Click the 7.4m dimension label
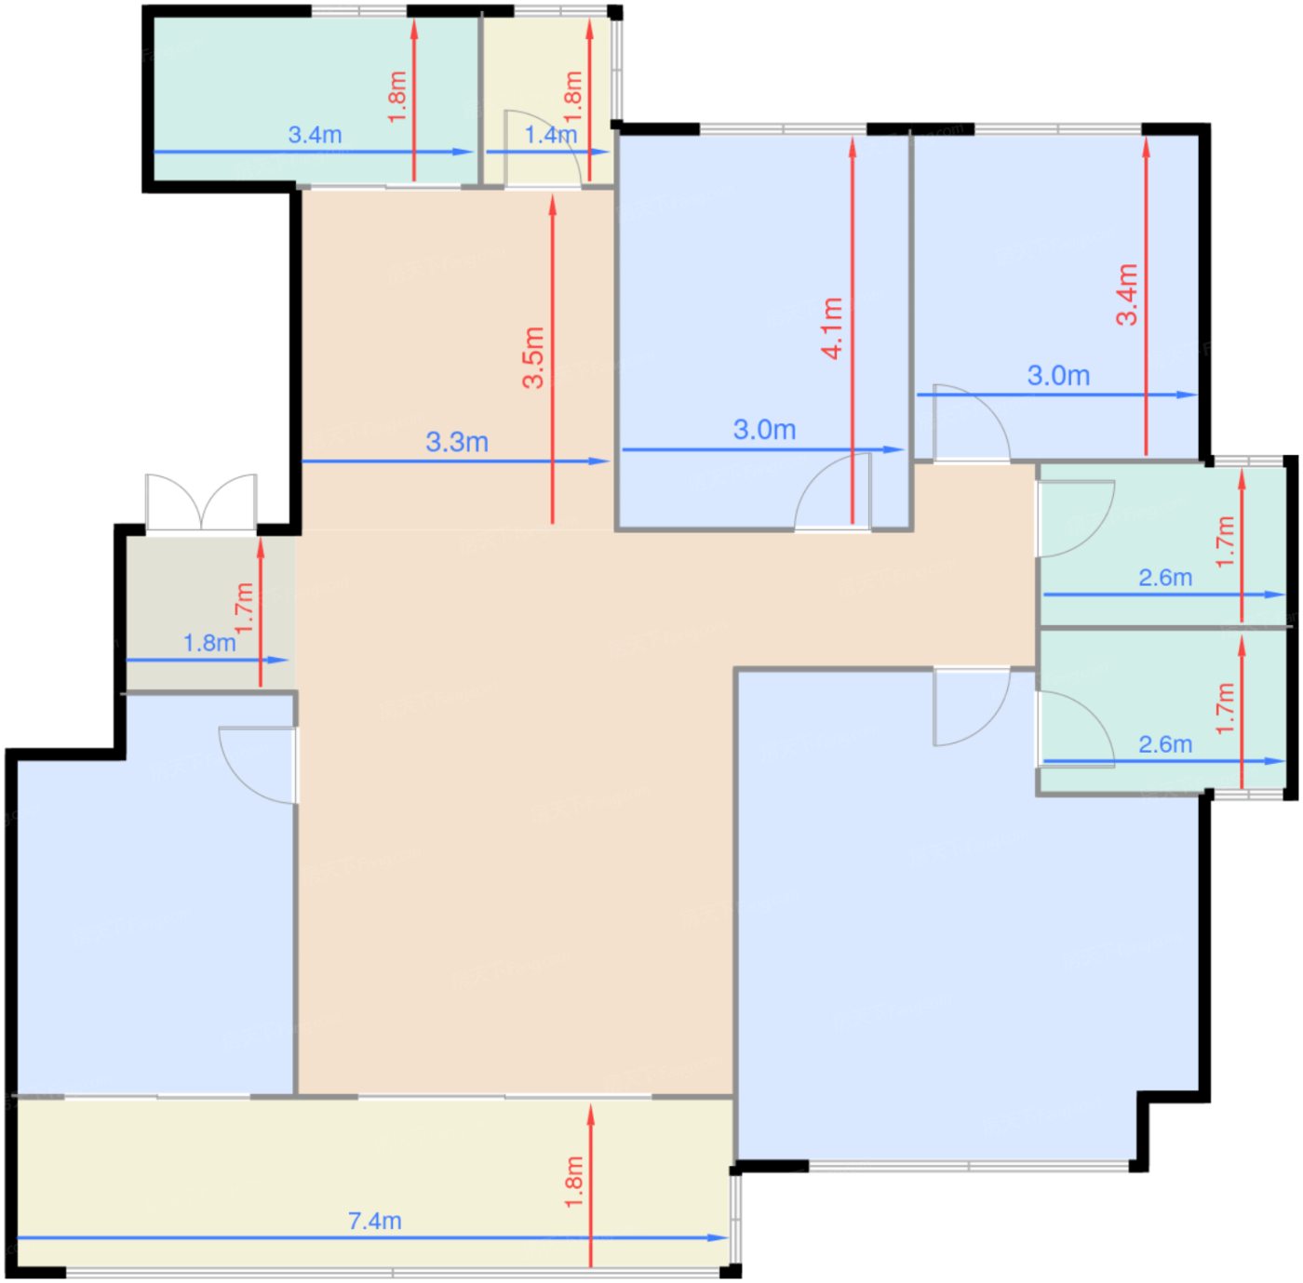point(374,1221)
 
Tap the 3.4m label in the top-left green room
point(316,135)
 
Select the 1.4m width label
point(551,135)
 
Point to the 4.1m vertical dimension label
point(832,327)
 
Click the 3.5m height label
point(533,357)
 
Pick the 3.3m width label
point(457,442)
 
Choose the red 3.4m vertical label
point(1126,295)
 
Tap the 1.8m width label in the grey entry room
point(209,643)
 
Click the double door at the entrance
point(201,503)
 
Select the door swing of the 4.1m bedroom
point(832,492)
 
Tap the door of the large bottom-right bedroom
point(972,707)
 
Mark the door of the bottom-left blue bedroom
point(258,765)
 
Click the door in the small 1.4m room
point(543,149)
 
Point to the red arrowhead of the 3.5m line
point(553,205)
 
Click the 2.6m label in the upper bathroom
point(1165,577)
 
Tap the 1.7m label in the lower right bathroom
point(1225,708)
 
